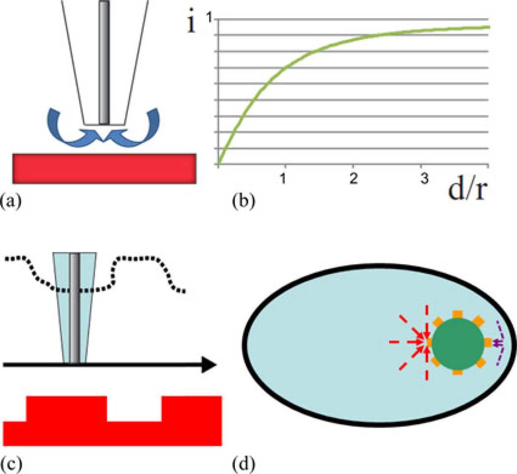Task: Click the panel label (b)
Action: pyautogui.click(x=241, y=202)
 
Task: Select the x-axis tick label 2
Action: pyautogui.click(x=353, y=177)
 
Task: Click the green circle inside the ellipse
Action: pyautogui.click(x=457, y=343)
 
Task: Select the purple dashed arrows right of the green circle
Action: pyautogui.click(x=498, y=343)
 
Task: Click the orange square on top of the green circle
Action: pyautogui.click(x=457, y=314)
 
